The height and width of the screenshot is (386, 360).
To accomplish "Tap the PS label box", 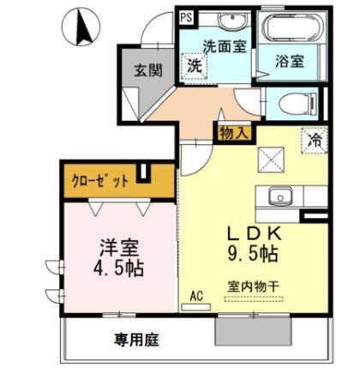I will point(186,15).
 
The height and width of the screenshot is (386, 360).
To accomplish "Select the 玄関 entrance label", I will point(148,70).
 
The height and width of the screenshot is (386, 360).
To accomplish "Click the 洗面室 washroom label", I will point(224,46).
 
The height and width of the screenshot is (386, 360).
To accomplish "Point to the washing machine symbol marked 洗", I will point(195,65).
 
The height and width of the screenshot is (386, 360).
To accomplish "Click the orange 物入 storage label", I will point(234,133).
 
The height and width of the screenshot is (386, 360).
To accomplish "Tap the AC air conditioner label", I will point(196,295).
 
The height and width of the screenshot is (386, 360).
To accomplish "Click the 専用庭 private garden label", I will point(136,340).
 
